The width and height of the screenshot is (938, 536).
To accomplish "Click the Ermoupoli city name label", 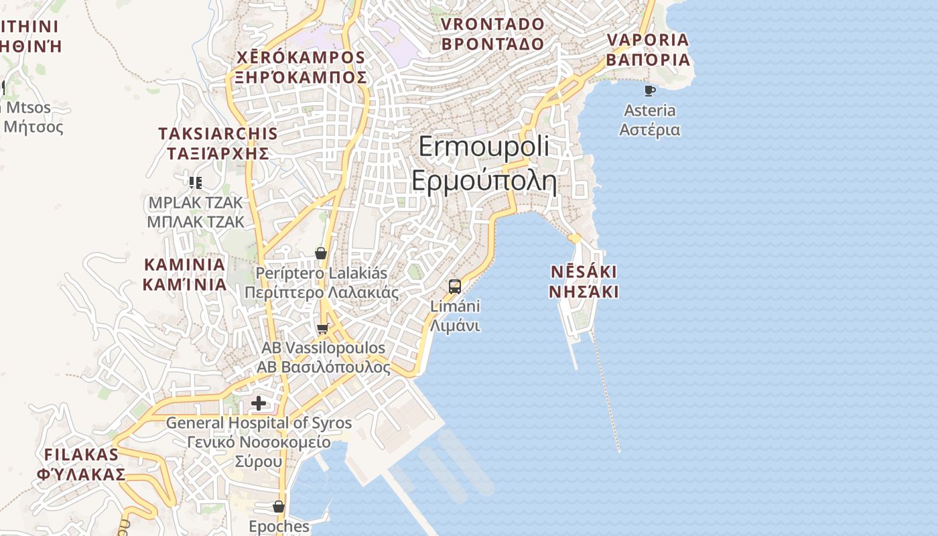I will coord(484,147).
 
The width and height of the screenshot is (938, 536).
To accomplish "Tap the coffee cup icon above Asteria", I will coord(649,90).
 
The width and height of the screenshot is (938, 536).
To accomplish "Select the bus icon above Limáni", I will coord(455,287).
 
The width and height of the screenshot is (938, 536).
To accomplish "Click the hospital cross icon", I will coord(259,403).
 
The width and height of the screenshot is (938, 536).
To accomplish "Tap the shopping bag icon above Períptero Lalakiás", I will coord(321,253).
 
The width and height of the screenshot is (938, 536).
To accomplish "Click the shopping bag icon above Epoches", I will coord(279,507).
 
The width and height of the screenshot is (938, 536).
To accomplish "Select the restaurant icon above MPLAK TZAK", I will coord(195,182).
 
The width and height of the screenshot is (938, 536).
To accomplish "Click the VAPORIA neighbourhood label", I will coord(648,40).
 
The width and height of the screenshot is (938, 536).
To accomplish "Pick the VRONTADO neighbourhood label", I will coord(492,25).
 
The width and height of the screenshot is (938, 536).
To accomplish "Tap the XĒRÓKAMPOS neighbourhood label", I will coord(301,58).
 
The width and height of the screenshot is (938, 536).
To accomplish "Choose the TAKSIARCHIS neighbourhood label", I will coord(218,133).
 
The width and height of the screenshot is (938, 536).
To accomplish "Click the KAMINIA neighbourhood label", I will coord(184,264).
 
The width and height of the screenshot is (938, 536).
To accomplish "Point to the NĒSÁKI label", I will coord(584,273).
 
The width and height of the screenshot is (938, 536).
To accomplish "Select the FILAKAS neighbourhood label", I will coord(81,454).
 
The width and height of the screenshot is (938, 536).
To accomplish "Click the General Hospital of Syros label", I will coord(259,423).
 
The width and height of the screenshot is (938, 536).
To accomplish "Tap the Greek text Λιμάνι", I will coord(455,326).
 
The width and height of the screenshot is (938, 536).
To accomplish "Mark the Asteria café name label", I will coord(649,111).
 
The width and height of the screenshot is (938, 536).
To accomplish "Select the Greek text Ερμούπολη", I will coord(484,181).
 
